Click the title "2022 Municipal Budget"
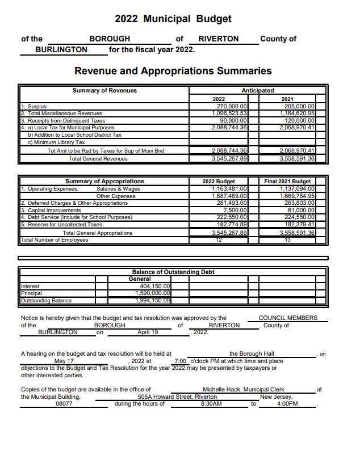[x=173, y=19]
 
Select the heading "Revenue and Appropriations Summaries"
[x=173, y=71]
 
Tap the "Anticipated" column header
[x=257, y=90]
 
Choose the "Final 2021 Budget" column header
[x=287, y=182]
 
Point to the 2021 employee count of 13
[x=287, y=240]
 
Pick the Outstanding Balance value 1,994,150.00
[x=152, y=300]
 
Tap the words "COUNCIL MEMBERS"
[x=288, y=318]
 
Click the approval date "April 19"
[x=148, y=332]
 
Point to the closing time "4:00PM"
[x=288, y=403]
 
